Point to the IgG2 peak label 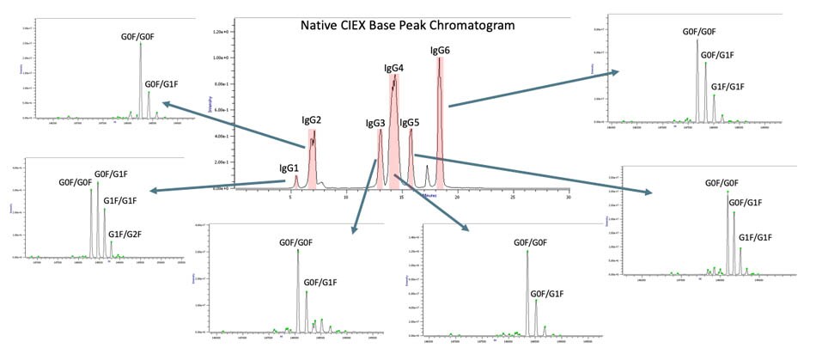311,120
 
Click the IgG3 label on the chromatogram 375,124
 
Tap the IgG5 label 410,124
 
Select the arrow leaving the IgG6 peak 533,89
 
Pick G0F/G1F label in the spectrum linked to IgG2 166,83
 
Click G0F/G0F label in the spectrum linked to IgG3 297,243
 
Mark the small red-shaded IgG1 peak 296,181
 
